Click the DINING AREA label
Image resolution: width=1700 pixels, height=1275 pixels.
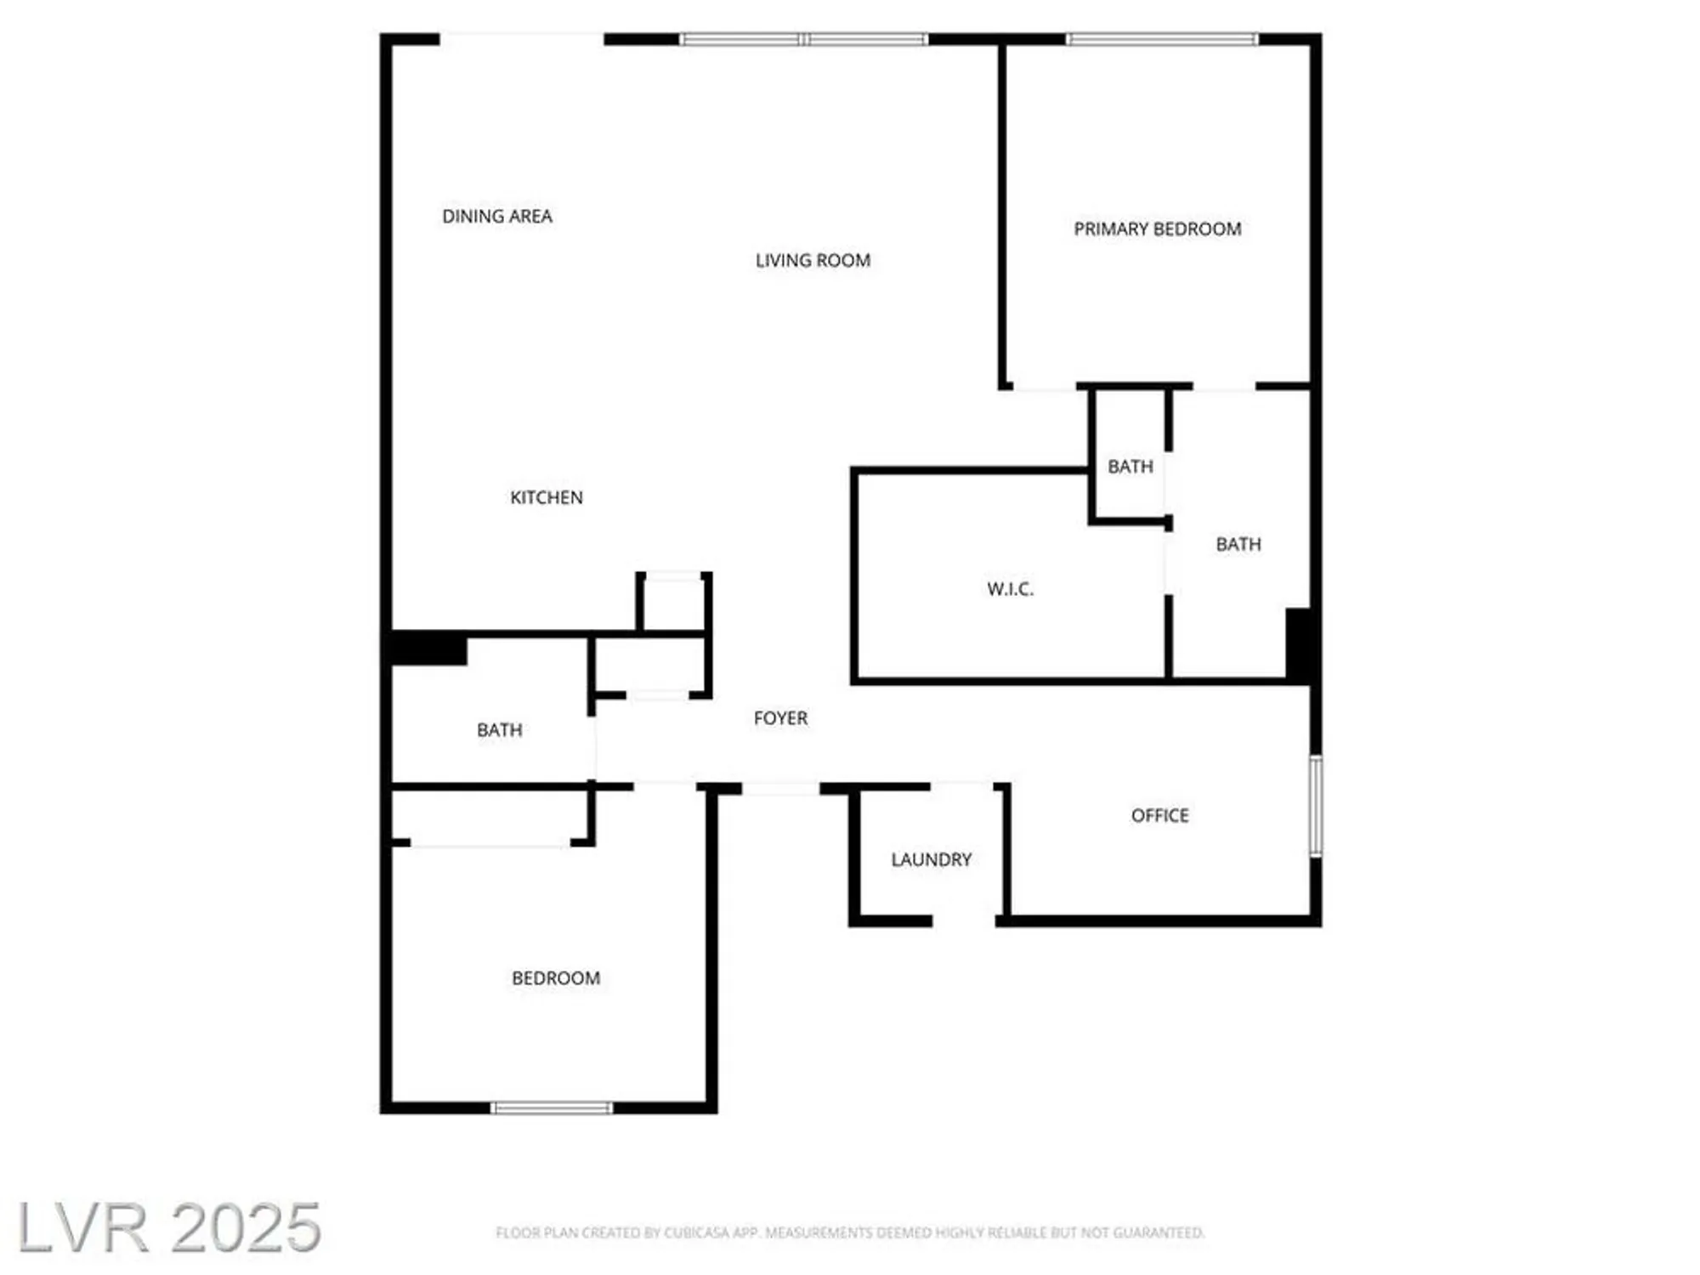[x=497, y=217]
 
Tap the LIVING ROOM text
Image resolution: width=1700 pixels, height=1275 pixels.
[x=813, y=261]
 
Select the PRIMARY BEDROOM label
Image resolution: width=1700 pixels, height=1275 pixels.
[x=1157, y=229]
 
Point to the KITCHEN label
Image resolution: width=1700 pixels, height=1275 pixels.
[x=547, y=498]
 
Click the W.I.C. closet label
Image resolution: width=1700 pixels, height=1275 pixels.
[x=1010, y=589]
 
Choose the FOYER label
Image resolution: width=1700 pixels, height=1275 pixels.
[x=780, y=718]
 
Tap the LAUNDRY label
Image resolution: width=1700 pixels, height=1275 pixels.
[x=931, y=859]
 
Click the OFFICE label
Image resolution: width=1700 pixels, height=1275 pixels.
[x=1159, y=816]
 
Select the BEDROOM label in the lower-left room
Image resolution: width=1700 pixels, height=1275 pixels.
[x=556, y=978]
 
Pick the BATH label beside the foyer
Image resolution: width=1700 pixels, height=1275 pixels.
[x=500, y=730]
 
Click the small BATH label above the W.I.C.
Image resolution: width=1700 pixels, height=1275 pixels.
[x=1130, y=467]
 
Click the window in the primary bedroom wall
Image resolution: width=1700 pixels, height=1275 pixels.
[x=1161, y=39]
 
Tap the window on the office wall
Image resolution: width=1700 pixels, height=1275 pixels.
[x=1315, y=806]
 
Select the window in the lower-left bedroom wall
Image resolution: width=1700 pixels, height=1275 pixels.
[x=552, y=1108]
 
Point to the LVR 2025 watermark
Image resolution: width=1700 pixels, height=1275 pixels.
[x=169, y=1227]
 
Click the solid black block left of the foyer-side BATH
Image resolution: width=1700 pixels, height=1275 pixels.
[x=428, y=649]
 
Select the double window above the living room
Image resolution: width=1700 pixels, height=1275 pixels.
[x=803, y=39]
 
